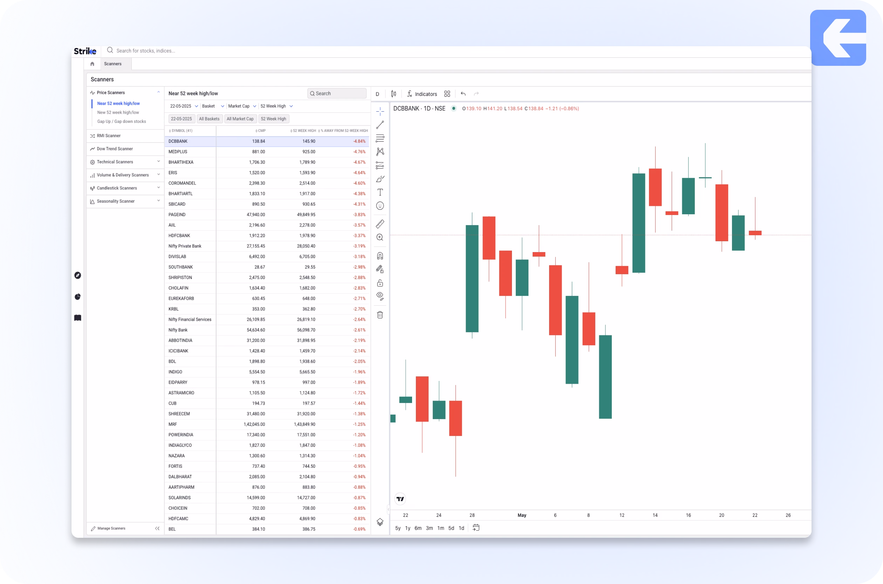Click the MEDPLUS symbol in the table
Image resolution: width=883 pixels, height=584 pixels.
coord(178,152)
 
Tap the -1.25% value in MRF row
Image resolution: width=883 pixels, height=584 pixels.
coord(359,425)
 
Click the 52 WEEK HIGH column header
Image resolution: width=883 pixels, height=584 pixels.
coord(304,131)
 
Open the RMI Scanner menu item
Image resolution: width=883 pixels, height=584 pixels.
coord(109,136)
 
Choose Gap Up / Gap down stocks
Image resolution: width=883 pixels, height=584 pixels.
coord(122,121)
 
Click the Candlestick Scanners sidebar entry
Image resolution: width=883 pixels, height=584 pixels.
coord(117,188)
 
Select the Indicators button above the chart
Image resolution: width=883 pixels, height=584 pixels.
coord(422,94)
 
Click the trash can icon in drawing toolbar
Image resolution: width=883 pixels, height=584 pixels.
coord(380,315)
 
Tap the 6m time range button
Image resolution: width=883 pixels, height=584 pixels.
coord(418,528)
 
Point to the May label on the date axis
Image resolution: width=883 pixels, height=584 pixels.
coord(522,515)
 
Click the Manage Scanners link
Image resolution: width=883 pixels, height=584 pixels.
coord(111,528)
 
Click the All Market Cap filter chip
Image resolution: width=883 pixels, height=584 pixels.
coord(240,119)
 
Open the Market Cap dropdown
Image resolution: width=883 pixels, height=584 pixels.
coord(242,106)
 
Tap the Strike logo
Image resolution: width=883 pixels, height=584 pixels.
coord(85,51)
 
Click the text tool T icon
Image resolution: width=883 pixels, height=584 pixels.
coord(380,193)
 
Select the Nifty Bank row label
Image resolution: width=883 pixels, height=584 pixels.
coord(178,330)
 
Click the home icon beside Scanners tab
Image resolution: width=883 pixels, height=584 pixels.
coord(93,64)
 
